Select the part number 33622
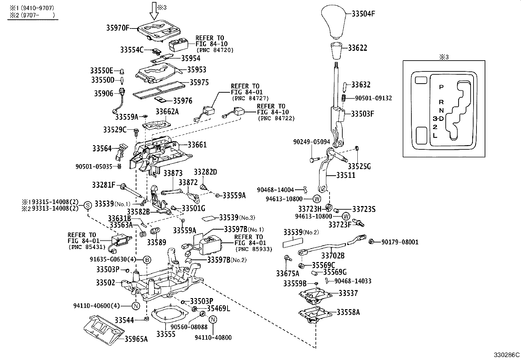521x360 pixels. (x=357, y=48)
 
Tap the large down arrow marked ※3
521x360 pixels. (x=154, y=11)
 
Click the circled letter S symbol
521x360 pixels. (x=88, y=205)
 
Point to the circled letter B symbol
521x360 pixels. (x=147, y=260)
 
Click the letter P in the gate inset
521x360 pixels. (x=441, y=87)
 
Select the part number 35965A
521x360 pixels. (x=136, y=339)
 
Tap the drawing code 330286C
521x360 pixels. (x=507, y=355)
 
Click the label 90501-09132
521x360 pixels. (x=373, y=98)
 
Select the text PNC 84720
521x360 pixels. (x=215, y=50)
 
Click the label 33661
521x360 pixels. (x=197, y=144)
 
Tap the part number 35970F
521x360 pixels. (x=117, y=28)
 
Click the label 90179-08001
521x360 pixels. (x=400, y=242)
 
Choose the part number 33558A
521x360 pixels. (x=348, y=312)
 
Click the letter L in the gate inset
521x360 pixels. (x=435, y=135)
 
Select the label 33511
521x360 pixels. (x=346, y=175)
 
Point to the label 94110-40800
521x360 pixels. (x=213, y=337)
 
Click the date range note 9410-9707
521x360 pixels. (x=31, y=8)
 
